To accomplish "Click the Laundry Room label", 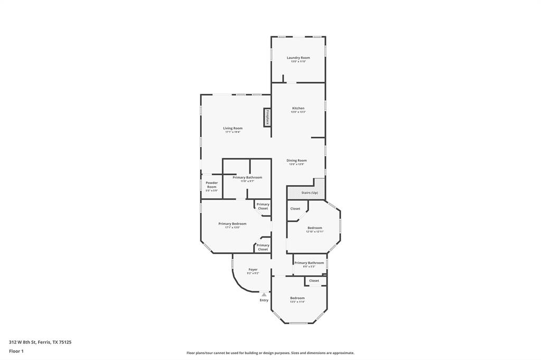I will point(298,58).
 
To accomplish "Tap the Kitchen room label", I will point(298,108).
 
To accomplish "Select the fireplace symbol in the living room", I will point(267,118).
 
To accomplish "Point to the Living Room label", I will point(232,128).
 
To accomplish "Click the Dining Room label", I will point(296,160).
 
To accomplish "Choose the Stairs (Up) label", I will point(310,193).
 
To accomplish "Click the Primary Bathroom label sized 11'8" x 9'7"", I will point(247,177).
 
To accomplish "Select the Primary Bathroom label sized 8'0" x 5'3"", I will point(309,263).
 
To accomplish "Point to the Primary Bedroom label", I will point(232,224).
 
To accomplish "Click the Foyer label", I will point(253,270).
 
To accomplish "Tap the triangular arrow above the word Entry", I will point(264,295).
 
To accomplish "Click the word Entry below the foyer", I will point(264,300).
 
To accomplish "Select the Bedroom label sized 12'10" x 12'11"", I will point(314,228).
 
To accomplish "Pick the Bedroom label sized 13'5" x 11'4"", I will point(297,298).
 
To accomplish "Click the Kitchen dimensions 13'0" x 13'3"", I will point(298,112).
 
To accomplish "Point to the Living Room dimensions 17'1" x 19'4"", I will point(232,132).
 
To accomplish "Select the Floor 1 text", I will point(16,351).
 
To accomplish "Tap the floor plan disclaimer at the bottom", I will point(270,353).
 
